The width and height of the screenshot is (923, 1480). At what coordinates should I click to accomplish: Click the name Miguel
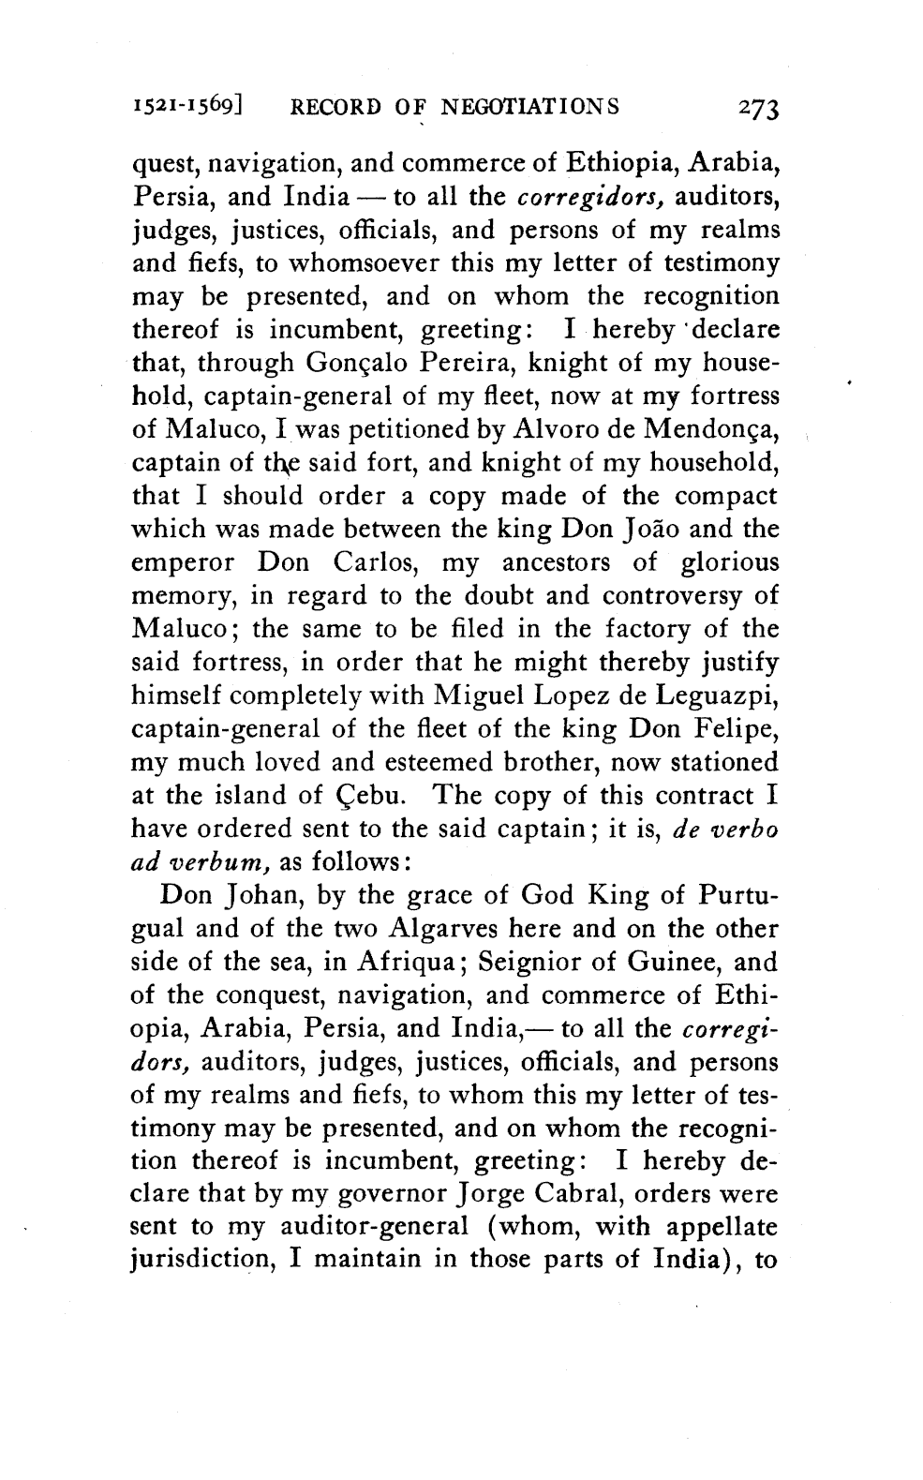click(478, 695)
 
